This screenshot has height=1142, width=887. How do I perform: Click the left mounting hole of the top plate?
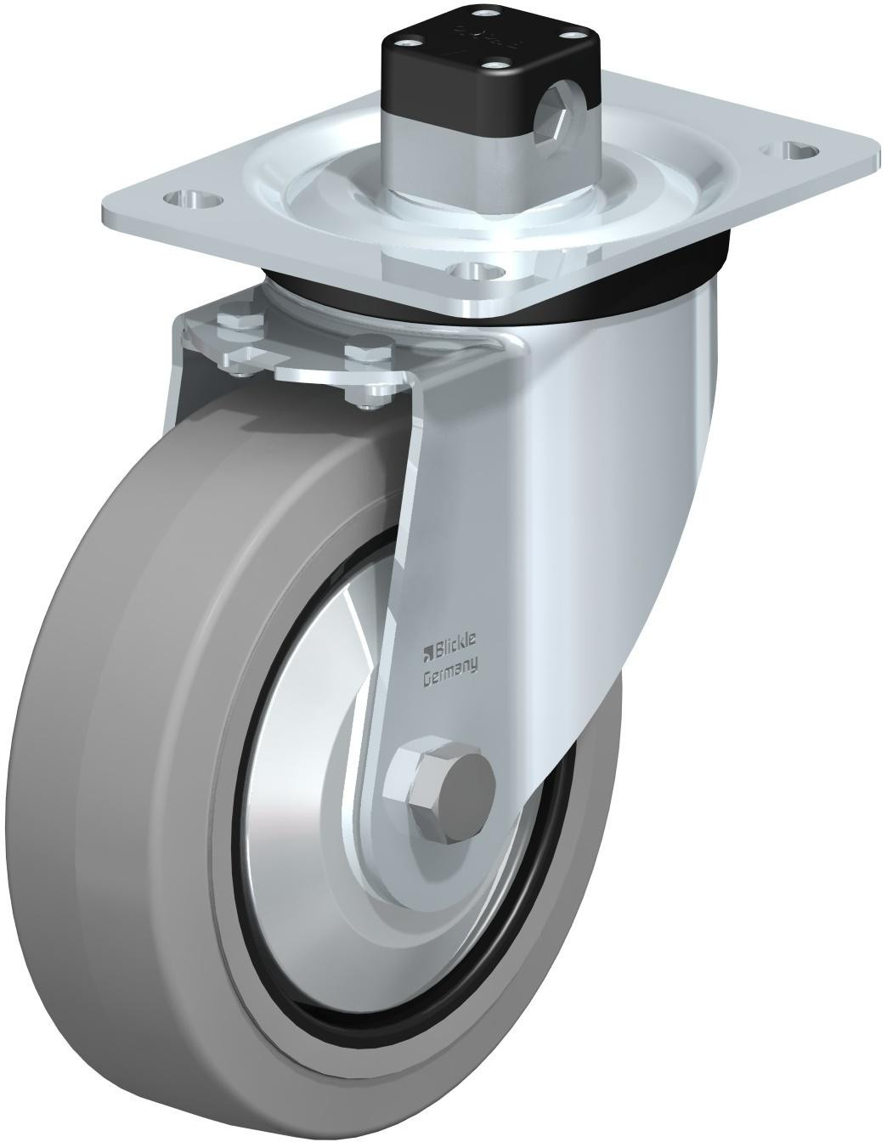click(x=192, y=200)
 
